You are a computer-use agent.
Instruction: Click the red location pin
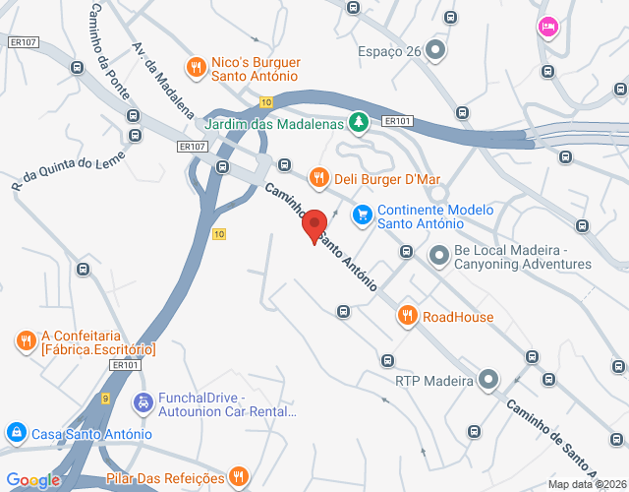pos(314,224)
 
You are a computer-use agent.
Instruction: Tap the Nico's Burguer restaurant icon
pos(198,67)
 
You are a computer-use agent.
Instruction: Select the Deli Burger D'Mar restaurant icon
pos(317,178)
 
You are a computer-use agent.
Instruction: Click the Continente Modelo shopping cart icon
pos(363,213)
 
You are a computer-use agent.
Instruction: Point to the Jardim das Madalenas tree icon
pos(360,122)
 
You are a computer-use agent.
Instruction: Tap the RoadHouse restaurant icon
pos(407,316)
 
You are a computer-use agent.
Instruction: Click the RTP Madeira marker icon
pos(488,380)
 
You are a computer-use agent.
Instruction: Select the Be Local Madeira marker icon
pos(437,252)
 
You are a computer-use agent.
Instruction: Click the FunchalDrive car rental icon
pos(143,402)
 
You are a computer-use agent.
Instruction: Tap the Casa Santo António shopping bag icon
pos(16,433)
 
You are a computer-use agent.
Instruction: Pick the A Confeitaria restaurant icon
pos(26,340)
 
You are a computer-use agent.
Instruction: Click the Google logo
pos(33,480)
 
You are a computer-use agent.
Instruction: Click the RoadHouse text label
pos(458,317)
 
